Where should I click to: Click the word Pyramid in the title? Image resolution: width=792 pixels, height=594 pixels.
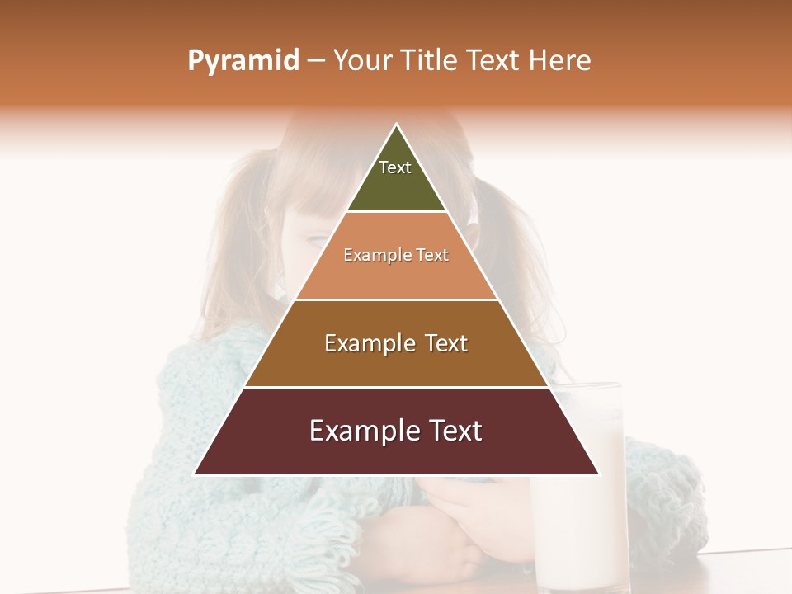243,61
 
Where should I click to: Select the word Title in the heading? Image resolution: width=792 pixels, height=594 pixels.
431,60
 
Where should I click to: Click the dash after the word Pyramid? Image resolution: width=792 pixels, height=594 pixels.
316,61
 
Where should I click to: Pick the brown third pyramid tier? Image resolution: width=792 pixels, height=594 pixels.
396,363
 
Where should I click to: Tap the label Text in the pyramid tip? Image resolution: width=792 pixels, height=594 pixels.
395,167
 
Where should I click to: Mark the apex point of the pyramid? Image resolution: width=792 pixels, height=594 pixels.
397,125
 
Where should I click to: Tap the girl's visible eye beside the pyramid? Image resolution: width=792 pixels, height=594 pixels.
315,239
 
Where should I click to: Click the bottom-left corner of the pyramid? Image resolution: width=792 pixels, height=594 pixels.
194,474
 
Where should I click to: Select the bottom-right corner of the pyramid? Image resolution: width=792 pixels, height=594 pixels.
599,474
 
